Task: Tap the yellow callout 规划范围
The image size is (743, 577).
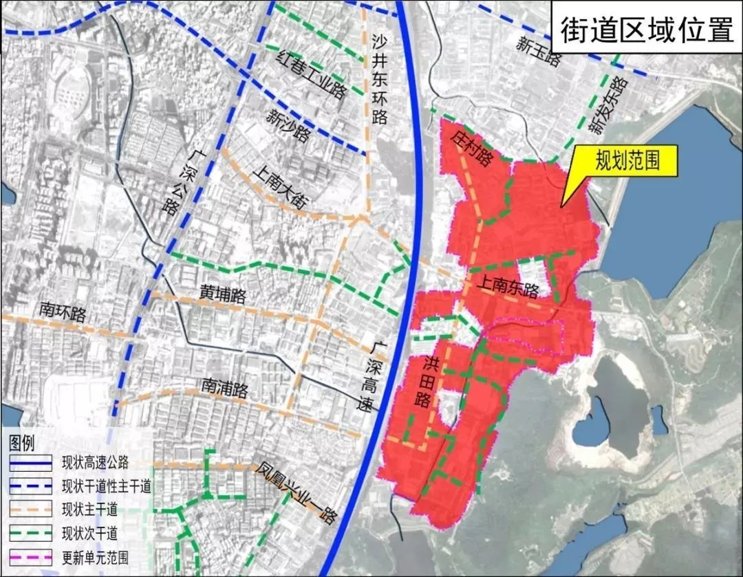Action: pyautogui.click(x=627, y=161)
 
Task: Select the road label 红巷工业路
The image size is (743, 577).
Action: pyautogui.click(x=310, y=76)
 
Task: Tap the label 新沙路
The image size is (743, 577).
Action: pyautogui.click(x=289, y=125)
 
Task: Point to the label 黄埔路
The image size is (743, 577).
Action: pyautogui.click(x=223, y=296)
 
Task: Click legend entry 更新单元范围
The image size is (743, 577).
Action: pyautogui.click(x=95, y=557)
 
